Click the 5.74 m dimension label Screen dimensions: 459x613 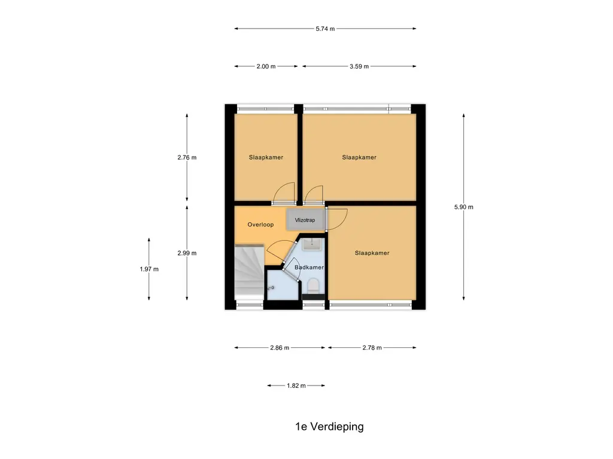tap(325, 29)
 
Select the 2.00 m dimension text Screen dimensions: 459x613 tap(266, 66)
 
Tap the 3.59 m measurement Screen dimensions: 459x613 tap(359, 66)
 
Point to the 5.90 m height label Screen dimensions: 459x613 tap(464, 207)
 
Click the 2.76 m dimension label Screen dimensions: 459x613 tap(187, 158)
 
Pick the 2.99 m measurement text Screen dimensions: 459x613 tap(187, 253)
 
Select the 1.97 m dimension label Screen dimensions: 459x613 tap(149, 269)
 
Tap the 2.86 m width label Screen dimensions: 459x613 tap(280, 348)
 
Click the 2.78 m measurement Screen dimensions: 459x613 tap(372, 348)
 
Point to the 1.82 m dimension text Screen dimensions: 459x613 tap(296, 386)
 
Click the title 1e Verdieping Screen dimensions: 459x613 tap(329, 427)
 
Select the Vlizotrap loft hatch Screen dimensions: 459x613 tap(305, 220)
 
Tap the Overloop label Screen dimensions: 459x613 tap(260, 225)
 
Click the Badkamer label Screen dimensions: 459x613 tap(309, 267)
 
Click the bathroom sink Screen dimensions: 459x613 tap(311, 244)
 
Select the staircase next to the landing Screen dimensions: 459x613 tap(248, 272)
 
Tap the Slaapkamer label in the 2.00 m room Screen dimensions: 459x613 tap(266, 158)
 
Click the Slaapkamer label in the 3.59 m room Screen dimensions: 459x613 tap(359, 158)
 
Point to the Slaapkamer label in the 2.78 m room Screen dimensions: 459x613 tap(372, 253)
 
